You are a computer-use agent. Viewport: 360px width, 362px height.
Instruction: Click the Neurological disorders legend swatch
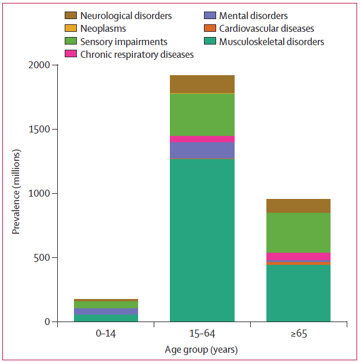[71, 16]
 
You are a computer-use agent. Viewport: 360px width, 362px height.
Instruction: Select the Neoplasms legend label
[103, 28]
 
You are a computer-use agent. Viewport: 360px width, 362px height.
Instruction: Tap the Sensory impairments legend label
[124, 42]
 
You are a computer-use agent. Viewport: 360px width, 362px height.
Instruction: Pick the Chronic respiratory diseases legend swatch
[71, 54]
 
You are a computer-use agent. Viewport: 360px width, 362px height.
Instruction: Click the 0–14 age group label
[106, 335]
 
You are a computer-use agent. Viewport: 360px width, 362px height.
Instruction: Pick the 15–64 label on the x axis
[202, 335]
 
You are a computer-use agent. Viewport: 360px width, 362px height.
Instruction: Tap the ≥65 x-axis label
[298, 335]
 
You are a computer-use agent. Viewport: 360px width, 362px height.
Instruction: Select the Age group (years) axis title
[202, 349]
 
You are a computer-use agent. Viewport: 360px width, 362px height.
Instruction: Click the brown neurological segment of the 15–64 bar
[202, 84]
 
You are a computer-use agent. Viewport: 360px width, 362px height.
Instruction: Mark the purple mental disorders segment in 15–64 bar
[202, 150]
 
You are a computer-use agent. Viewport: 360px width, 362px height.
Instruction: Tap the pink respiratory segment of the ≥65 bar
[298, 257]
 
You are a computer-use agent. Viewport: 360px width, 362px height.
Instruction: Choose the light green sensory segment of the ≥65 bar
[298, 232]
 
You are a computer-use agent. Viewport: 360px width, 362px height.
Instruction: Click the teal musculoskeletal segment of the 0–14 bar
[106, 317]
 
